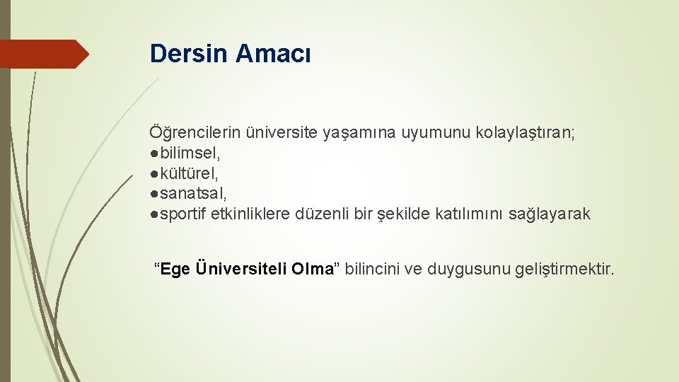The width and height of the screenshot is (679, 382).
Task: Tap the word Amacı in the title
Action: (273, 54)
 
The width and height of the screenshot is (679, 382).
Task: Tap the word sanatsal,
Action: (193, 194)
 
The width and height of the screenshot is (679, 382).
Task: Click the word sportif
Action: (182, 214)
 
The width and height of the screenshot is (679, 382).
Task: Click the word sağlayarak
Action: (549, 214)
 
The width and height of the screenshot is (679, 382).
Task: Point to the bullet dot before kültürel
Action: (153, 174)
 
